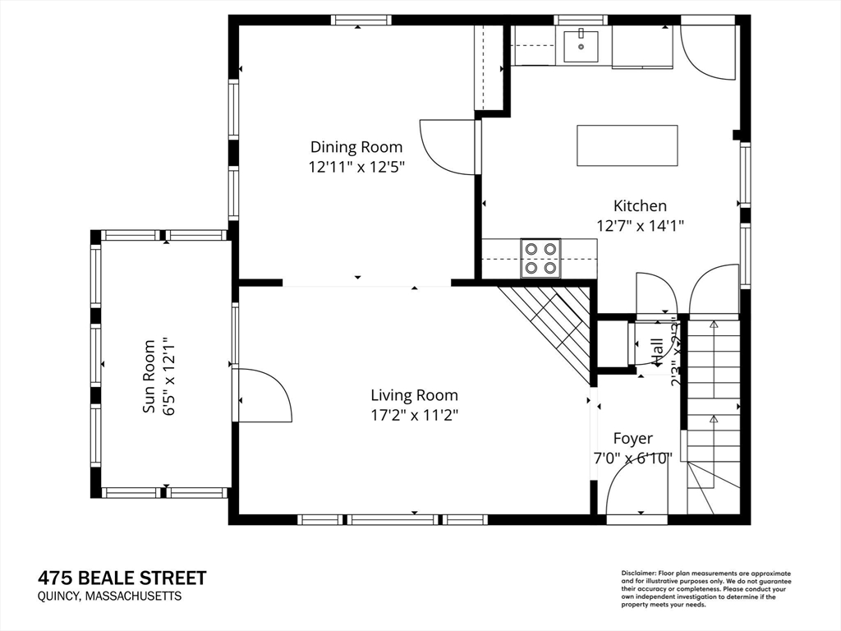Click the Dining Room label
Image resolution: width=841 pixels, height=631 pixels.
pyautogui.click(x=356, y=147)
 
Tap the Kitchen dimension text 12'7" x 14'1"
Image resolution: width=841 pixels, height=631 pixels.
pyautogui.click(x=640, y=224)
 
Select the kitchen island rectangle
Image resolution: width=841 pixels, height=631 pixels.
pyautogui.click(x=627, y=145)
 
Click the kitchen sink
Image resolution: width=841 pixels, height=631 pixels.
pyautogui.click(x=583, y=45)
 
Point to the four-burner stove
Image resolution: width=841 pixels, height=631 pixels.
pyautogui.click(x=540, y=258)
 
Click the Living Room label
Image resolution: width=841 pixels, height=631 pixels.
pyautogui.click(x=414, y=395)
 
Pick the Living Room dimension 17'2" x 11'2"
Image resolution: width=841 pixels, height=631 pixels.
pyautogui.click(x=414, y=415)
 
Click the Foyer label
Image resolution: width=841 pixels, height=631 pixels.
pyautogui.click(x=632, y=439)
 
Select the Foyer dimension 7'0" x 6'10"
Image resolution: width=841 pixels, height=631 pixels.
pyautogui.click(x=633, y=458)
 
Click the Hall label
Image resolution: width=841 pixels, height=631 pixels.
pyautogui.click(x=658, y=352)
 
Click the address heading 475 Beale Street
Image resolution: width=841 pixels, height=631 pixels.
pyautogui.click(x=122, y=578)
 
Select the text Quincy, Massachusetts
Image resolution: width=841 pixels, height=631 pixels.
pyautogui.click(x=109, y=597)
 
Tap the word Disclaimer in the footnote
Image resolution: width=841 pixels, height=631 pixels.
pyautogui.click(x=638, y=573)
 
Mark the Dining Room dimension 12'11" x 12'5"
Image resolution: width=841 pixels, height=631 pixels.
pyautogui.click(x=356, y=166)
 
